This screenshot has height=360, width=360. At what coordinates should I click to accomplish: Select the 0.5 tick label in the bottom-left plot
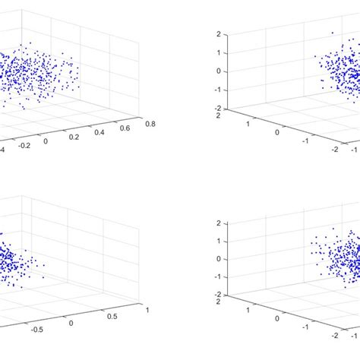[x=110, y=316]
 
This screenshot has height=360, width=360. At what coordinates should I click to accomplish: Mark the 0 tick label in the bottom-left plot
[x=72, y=323]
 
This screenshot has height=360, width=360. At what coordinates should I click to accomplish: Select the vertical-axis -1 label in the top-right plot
[x=217, y=89]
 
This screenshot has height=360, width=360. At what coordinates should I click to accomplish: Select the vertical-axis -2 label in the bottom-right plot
[x=217, y=295]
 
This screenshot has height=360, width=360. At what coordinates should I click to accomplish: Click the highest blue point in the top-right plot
[x=332, y=32]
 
